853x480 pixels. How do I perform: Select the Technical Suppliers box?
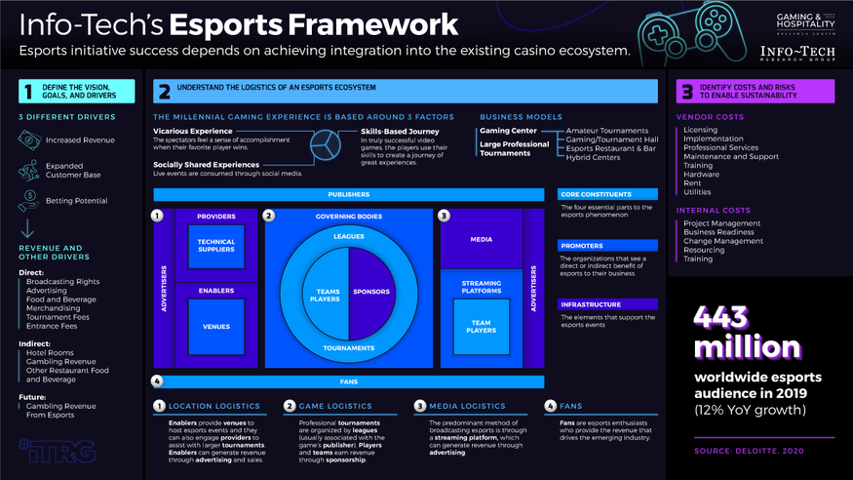[x=215, y=246]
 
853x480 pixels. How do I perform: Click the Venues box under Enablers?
[x=215, y=327]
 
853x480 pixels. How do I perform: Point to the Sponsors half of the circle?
[x=370, y=292]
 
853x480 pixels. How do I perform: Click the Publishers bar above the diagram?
[x=349, y=194]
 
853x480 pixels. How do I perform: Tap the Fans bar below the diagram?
[x=349, y=381]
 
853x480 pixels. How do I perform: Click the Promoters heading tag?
[x=582, y=246]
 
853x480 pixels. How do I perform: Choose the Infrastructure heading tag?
[x=591, y=304]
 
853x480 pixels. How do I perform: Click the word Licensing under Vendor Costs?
[x=701, y=130]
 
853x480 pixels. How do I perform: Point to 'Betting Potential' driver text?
[x=76, y=200]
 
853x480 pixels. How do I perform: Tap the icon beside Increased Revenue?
[x=28, y=140]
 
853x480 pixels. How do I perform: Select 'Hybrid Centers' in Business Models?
[x=594, y=157]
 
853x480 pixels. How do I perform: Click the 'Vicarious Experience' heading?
[x=193, y=131]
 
